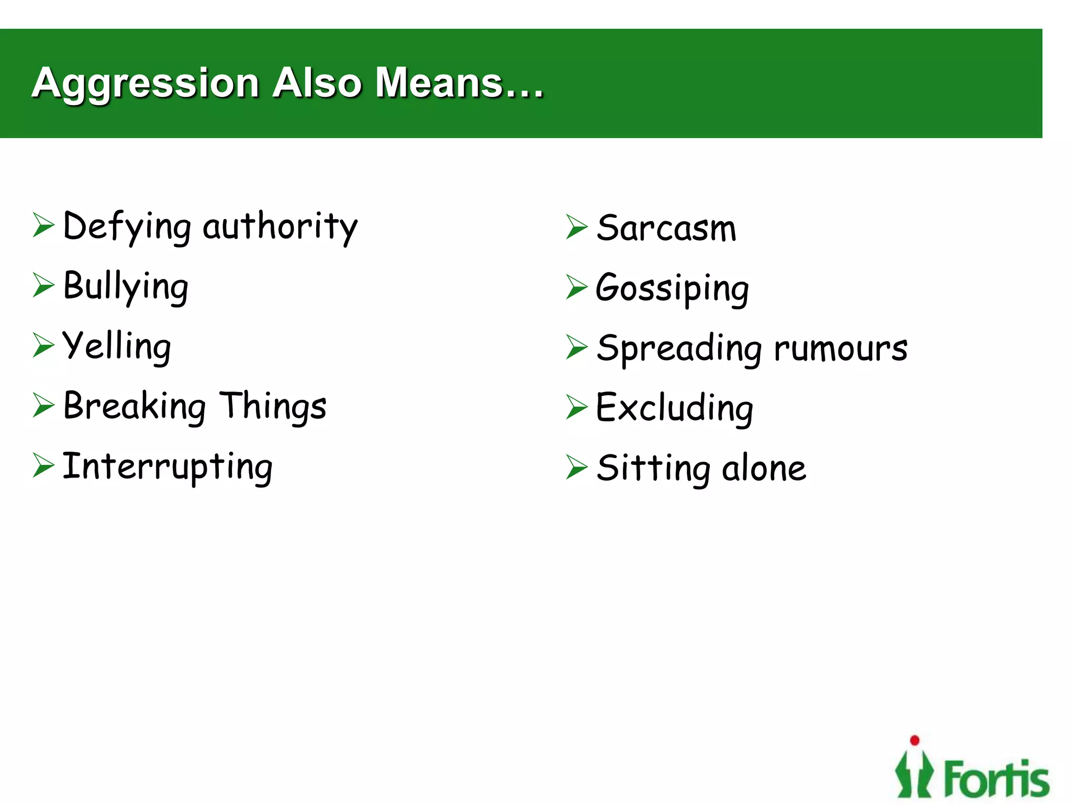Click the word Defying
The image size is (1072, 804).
pos(127,227)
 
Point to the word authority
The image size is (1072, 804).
pos(280,227)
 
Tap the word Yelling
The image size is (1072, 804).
pos(117,347)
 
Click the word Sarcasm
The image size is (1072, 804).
pos(666,229)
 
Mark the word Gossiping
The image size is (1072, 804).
pos(673,288)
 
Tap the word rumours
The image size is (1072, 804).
pos(841,349)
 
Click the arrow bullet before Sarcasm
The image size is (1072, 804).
pos(576,227)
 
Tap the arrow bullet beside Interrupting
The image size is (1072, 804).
pos(43,465)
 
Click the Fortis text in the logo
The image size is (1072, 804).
pos(997,779)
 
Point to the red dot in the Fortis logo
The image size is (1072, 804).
pos(914,740)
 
